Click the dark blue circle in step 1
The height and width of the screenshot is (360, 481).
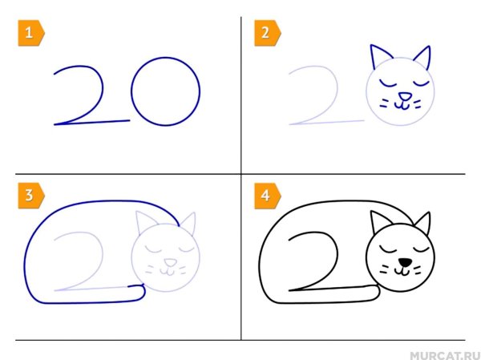point(165,91)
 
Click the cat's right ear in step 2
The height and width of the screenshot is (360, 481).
point(422,59)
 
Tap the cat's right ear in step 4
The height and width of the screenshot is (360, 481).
point(422,223)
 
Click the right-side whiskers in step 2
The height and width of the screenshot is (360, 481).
point(422,102)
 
